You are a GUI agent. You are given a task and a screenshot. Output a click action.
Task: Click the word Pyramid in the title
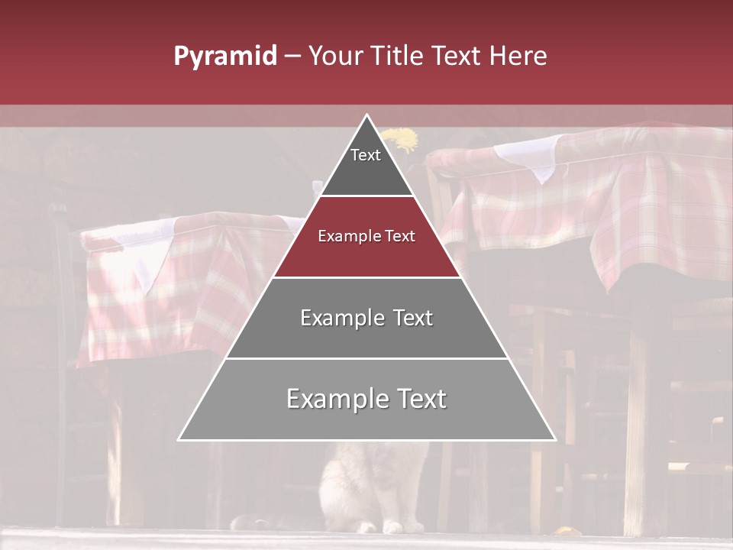224,57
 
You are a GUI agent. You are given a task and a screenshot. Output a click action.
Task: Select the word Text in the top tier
365,155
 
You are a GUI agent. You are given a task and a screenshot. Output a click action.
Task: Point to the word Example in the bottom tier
334,399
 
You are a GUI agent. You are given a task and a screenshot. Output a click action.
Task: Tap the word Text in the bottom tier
415,399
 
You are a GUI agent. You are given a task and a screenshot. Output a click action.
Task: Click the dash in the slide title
292,57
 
